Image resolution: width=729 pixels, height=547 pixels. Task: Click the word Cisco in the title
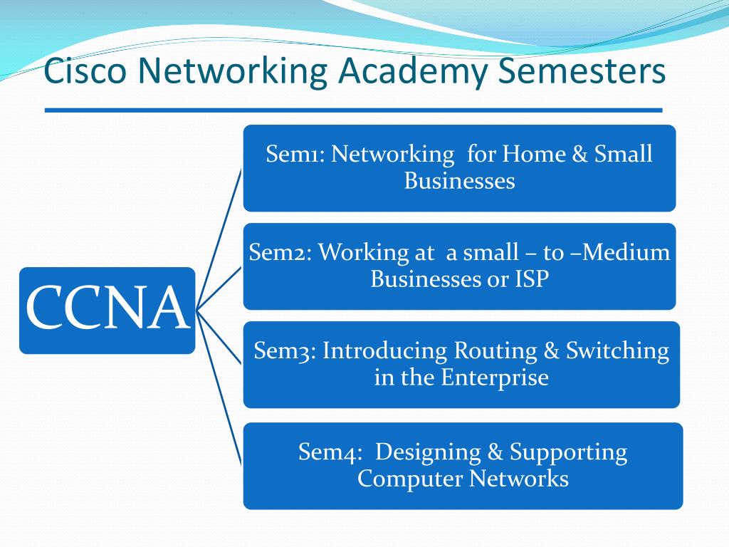pos(85,72)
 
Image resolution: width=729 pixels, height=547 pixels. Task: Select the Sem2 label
pos(279,252)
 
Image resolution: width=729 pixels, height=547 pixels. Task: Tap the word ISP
pos(532,279)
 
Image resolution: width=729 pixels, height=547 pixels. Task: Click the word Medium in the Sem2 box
pos(630,252)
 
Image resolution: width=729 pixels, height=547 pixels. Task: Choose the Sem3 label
pos(285,350)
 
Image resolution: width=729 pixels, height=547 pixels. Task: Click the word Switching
pos(617,350)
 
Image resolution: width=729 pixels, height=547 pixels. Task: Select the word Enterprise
pos(495,377)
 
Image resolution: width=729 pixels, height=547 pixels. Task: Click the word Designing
pos(429,452)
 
